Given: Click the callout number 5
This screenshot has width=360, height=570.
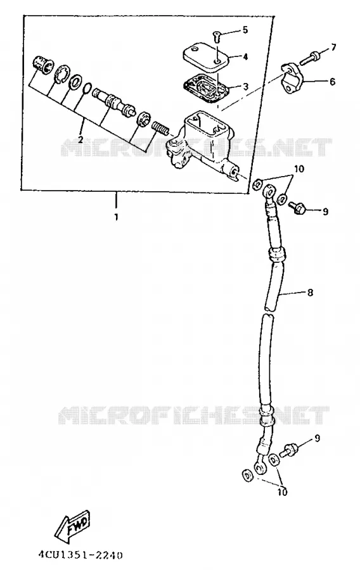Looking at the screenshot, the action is (x=245, y=30).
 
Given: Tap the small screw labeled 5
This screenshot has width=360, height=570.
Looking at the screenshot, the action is (x=216, y=36).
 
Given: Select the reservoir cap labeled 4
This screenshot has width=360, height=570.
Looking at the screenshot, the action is (x=205, y=54).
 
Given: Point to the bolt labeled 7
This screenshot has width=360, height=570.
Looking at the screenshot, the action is (x=310, y=58).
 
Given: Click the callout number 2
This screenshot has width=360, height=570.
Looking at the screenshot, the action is (x=80, y=139).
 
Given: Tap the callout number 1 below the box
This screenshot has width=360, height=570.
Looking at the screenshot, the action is (x=117, y=217).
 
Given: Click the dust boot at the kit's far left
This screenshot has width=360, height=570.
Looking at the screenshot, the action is (x=42, y=65).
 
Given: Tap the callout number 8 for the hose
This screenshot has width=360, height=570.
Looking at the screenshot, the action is (x=310, y=292).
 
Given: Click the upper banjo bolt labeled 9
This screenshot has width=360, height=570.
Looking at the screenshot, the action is (x=297, y=207).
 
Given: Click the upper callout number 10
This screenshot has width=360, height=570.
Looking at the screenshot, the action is (x=299, y=169).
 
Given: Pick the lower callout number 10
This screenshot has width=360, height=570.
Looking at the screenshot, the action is (x=282, y=492).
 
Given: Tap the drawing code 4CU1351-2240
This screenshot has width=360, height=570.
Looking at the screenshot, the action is (x=80, y=555).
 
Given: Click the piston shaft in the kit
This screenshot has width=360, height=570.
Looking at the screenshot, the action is (x=113, y=101).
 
